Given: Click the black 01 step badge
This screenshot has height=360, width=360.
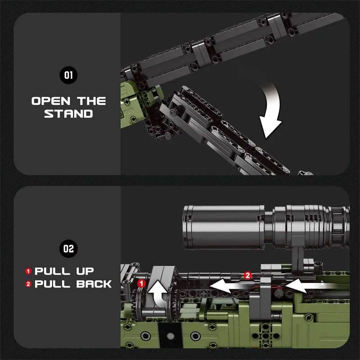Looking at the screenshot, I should click(x=68, y=75).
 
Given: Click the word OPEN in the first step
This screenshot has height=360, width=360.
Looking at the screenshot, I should click(x=49, y=101).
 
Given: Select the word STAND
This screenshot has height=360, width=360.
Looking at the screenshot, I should click(x=68, y=113).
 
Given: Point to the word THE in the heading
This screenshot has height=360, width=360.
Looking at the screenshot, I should click(x=92, y=101).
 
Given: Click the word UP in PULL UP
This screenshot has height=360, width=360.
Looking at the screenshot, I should click(x=82, y=271).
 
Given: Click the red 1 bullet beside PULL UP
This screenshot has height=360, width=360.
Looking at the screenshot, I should click(x=28, y=271).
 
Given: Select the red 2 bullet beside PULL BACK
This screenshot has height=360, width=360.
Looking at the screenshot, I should click(x=28, y=284).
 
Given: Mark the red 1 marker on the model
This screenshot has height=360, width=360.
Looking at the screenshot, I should click(x=141, y=283).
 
